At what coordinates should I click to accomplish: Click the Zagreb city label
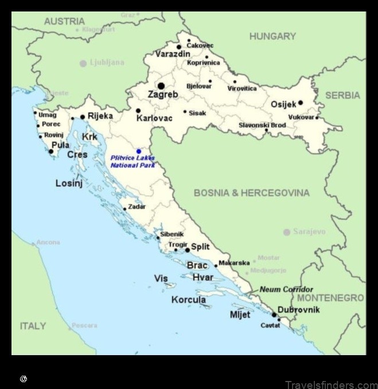coord(163,94)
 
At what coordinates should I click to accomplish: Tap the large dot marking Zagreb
coord(161,85)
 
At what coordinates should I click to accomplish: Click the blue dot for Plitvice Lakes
coord(139,151)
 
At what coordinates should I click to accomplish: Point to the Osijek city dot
coord(300,103)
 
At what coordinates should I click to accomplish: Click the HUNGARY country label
coord(272,36)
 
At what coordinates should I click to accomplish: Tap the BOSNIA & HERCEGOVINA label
coord(251,193)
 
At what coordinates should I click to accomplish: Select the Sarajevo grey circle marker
coord(287,232)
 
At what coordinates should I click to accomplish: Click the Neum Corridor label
coord(286,289)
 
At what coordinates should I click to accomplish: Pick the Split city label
coord(200,247)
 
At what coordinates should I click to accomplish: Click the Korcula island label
coord(188,299)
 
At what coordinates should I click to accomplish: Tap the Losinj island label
coord(69,183)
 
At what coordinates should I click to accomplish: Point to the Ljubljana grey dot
coord(83,63)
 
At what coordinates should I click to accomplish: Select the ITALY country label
coord(33,326)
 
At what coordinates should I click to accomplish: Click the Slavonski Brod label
coord(262,125)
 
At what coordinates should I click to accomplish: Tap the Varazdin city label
coord(172,54)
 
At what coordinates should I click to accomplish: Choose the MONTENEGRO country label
coord(330,298)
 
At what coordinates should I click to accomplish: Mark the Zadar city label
coord(137,207)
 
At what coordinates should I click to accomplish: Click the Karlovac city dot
coord(138,111)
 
